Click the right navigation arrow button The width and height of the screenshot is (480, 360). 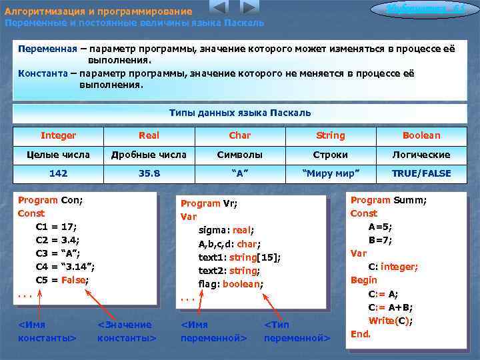pos(249,7)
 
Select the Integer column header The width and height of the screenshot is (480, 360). pos(58,135)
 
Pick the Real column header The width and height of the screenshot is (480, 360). pos(149,135)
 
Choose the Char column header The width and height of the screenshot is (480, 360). pos(239,135)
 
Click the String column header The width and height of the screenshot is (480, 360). pos(330,135)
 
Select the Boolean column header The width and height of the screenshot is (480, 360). pos(421,135)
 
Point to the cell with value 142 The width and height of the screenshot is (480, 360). pos(58,173)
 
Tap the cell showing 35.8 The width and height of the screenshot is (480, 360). pos(149,173)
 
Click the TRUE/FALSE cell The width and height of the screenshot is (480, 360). pos(421,173)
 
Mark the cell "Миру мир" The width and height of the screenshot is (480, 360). pos(330,173)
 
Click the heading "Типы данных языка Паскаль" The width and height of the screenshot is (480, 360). pos(240,113)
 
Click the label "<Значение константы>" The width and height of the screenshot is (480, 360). pos(126,331)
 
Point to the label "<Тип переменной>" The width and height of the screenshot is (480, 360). pos(297,331)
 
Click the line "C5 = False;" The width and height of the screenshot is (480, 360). pos(62,280)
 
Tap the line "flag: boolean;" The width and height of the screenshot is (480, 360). pos(231,284)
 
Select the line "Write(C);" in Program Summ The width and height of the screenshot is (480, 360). pos(391,321)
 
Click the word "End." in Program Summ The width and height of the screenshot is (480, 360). pos(361,333)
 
